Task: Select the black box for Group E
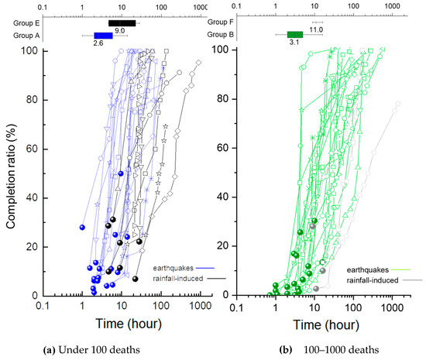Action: click(x=122, y=23)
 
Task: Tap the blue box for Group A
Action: click(x=103, y=36)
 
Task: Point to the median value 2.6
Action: click(x=98, y=44)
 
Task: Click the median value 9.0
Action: click(x=120, y=32)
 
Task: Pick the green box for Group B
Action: click(x=295, y=35)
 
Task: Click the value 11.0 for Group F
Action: click(x=317, y=29)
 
